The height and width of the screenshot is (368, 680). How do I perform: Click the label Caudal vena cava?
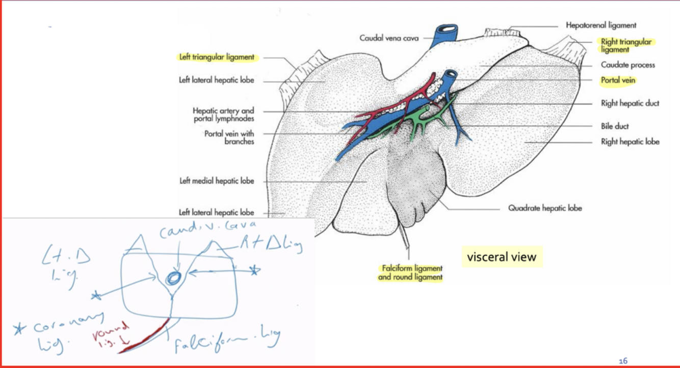click(389, 38)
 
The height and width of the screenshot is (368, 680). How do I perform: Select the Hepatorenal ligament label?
click(601, 25)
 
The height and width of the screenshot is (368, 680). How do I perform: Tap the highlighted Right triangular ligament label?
click(625, 45)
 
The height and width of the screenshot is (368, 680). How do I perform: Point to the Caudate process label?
click(627, 65)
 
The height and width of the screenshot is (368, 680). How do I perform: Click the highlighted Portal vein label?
click(618, 80)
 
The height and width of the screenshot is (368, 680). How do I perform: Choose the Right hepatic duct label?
click(630, 103)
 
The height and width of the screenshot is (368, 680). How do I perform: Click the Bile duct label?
click(615, 126)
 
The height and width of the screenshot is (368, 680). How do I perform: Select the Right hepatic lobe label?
click(630, 142)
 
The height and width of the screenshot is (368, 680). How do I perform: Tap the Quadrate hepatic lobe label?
click(545, 208)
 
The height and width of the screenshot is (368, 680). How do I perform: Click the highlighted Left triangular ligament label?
click(217, 58)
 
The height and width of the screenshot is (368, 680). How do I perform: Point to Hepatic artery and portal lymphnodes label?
click(223, 115)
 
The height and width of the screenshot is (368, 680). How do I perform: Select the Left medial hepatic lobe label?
click(217, 181)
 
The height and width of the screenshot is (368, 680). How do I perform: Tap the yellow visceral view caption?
click(502, 257)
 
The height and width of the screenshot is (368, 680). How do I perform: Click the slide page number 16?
click(622, 361)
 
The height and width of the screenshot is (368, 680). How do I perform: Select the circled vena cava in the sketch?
click(174, 278)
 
